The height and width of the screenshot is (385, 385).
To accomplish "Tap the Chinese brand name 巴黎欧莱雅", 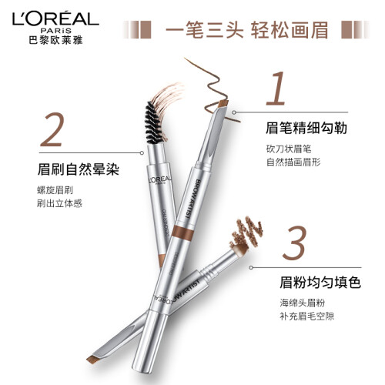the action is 55,40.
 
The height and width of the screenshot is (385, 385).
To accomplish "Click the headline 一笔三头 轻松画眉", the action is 247,30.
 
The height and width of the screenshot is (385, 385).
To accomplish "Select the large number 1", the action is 276,89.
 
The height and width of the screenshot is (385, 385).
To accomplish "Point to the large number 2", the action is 52,129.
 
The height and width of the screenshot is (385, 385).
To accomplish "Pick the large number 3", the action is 294,243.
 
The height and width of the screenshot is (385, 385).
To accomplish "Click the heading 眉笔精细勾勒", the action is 306,128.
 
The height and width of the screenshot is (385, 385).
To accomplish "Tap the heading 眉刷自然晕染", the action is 79,169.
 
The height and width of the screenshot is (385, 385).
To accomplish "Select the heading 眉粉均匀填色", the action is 320,283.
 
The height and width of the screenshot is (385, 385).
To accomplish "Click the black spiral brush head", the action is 153,122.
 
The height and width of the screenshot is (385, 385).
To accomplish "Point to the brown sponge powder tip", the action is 241,249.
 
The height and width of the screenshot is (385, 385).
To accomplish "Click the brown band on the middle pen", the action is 182,233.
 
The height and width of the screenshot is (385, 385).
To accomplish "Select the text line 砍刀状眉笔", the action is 289,149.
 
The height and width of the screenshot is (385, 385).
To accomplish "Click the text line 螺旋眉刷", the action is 55,190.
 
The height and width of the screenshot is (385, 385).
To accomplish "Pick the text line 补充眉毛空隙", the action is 306,316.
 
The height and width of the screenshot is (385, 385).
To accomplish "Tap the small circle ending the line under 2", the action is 142,153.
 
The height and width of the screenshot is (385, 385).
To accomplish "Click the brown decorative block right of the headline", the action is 348,30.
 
